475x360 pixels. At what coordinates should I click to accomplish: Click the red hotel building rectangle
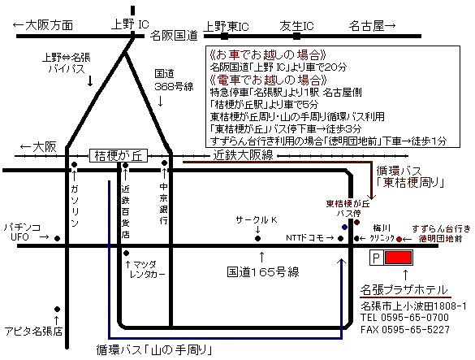point(399,258)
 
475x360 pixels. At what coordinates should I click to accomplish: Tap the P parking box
point(377,258)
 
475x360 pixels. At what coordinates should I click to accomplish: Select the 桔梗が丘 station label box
point(119,155)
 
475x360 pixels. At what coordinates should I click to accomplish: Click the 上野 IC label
point(130,24)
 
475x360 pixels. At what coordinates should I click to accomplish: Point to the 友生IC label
point(296,26)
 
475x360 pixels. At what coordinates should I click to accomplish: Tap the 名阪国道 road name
point(174,36)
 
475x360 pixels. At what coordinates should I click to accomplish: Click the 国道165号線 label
point(263,271)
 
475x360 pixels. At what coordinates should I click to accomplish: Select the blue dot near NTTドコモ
point(344,227)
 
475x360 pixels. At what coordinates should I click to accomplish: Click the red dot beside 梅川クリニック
point(399,239)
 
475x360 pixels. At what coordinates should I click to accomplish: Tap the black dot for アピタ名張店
point(58,309)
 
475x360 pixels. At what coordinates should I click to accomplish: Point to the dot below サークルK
point(257,238)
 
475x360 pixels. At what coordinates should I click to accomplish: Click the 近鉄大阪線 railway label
point(244,155)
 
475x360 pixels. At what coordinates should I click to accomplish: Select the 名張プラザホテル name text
point(404,290)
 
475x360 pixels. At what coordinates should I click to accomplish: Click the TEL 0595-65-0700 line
point(404,318)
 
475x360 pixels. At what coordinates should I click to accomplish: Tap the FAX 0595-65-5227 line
point(405,329)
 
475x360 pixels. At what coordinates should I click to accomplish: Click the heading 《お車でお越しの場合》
point(268,54)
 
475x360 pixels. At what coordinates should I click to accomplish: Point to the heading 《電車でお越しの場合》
point(268,80)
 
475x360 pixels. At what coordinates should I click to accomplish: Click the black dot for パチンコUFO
point(58,238)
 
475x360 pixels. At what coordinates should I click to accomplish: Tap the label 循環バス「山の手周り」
point(154,350)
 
